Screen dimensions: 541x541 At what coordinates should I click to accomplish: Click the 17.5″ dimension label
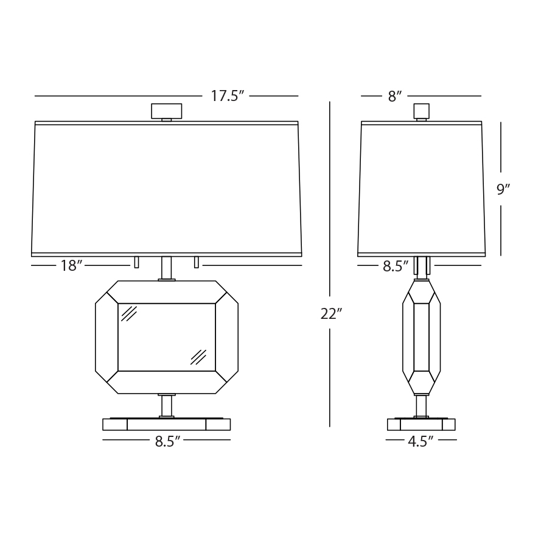pos(227,96)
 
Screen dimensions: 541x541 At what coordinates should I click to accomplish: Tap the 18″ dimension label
pos(71,266)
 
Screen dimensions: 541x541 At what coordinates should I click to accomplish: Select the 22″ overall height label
pos(331,314)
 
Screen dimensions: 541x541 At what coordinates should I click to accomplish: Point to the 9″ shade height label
pos(503,189)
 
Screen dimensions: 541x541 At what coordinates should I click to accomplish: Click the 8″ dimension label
pos(395,97)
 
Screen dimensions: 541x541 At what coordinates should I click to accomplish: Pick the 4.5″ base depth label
pos(421,442)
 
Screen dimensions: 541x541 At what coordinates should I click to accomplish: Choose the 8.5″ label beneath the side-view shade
pos(396,267)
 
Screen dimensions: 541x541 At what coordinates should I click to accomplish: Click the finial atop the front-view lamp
pos(167,112)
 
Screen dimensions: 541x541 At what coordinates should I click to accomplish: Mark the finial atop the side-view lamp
pos(422,112)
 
